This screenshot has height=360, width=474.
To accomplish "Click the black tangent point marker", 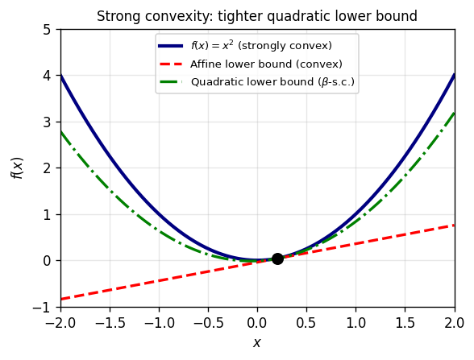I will point(277,259).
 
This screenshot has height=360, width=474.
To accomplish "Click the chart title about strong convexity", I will point(257,16).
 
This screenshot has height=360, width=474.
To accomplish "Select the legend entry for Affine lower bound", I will point(266,64).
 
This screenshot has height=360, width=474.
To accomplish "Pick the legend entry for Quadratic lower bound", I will point(272,81).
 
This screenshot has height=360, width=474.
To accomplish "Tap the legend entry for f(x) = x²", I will point(260,46).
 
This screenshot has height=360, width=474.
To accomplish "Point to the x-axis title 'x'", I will point(257,343).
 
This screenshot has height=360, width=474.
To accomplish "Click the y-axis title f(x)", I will point(17,168).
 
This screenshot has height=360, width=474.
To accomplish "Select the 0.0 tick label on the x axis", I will point(257,321).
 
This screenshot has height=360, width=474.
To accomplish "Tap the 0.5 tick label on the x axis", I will point(307,321).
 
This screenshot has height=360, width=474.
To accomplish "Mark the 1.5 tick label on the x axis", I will point(405,321).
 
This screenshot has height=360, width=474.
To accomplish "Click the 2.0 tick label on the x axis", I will point(455,321).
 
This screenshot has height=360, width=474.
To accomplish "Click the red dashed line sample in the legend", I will point(171,64).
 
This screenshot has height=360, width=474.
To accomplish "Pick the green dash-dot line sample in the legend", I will point(171,81).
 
